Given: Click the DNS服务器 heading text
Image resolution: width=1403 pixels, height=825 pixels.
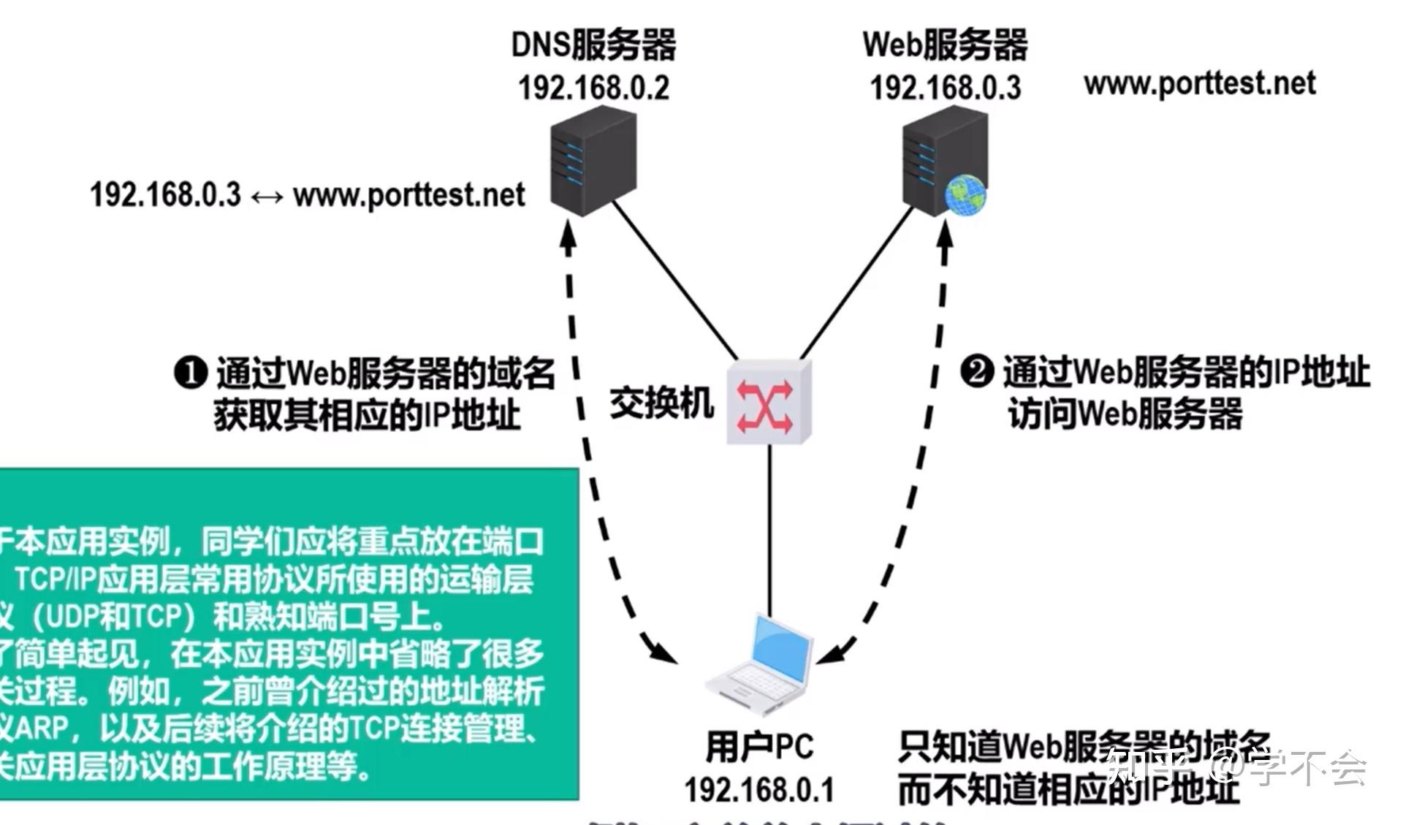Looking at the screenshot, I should click(x=593, y=45).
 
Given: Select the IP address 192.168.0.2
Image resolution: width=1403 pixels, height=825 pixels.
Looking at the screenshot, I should click(x=593, y=88).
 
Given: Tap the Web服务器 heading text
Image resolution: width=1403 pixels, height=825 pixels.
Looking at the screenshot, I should click(x=945, y=45).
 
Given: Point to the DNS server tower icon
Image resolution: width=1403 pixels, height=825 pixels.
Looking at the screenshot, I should click(x=593, y=160).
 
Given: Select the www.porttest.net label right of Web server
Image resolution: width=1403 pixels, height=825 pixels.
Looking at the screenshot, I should click(x=1200, y=83).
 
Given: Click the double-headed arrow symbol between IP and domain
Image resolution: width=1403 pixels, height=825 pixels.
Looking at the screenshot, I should click(x=267, y=197).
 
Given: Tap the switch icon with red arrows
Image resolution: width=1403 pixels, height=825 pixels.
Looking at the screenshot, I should click(x=768, y=401).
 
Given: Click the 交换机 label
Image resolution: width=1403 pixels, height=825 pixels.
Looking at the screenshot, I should click(x=661, y=403).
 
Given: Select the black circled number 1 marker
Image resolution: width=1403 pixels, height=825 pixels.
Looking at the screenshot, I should click(x=191, y=373).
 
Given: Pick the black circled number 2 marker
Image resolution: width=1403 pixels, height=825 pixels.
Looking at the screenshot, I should click(x=976, y=371).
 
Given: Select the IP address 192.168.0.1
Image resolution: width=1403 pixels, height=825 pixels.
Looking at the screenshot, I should click(x=759, y=790).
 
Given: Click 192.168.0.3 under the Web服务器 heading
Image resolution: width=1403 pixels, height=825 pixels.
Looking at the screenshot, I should click(x=945, y=88).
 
